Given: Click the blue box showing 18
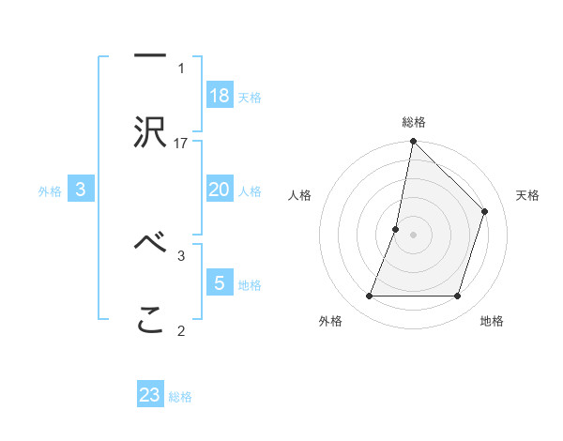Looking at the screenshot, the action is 220,96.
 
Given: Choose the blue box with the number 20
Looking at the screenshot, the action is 220,190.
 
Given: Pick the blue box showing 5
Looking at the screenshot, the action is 220,282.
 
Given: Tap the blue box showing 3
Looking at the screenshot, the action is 81,190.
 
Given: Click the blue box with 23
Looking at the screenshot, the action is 150,395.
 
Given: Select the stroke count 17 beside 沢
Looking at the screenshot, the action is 181,143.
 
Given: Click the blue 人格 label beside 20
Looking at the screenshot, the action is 249,191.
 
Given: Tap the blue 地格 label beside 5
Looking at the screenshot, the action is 249,284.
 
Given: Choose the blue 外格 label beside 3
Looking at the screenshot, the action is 50,191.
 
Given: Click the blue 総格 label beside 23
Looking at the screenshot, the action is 179,397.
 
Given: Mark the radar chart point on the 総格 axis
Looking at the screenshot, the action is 413,143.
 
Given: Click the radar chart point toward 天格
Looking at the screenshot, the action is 485,211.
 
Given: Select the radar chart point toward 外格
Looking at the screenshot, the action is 370,297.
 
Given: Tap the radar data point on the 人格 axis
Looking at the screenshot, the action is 396,229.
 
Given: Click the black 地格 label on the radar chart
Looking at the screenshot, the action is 492,322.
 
